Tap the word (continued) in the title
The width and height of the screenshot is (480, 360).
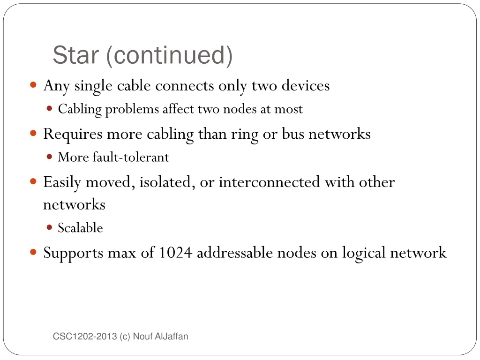[x=169, y=56]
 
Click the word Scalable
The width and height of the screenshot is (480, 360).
[x=80, y=228]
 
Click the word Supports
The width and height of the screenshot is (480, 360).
[x=73, y=254]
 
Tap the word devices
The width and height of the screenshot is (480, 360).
[x=306, y=86]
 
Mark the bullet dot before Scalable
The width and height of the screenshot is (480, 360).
[x=50, y=228]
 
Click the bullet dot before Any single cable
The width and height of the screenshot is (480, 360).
[x=33, y=85]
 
